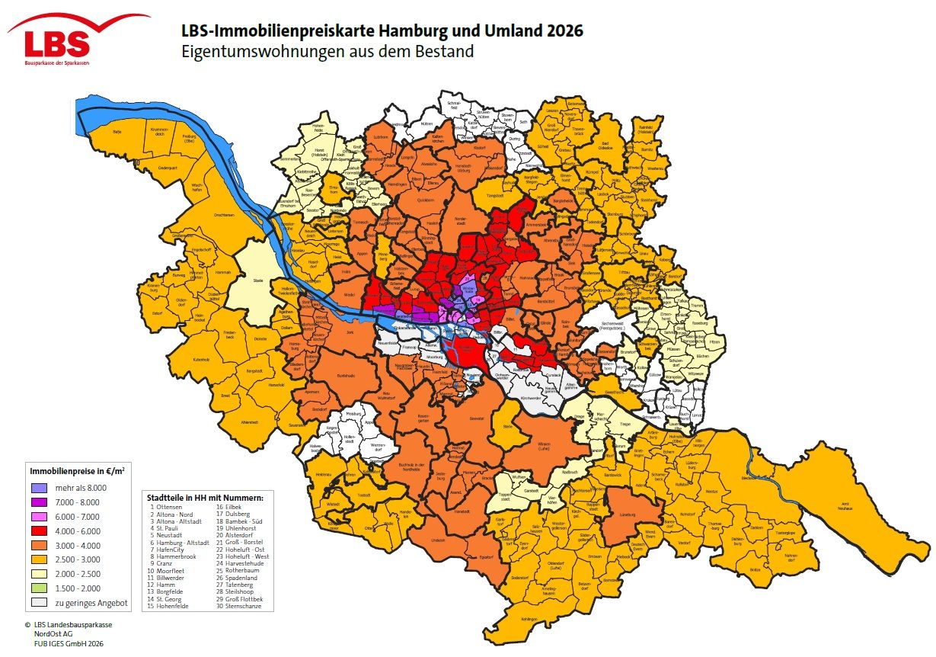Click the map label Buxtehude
coord(346,377)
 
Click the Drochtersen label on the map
coord(225,215)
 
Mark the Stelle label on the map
coord(508,428)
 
